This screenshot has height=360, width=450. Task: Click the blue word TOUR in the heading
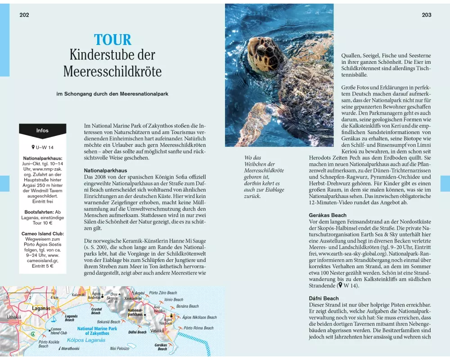[112, 40]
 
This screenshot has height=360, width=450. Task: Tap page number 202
[24, 15]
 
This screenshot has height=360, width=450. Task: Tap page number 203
[427, 15]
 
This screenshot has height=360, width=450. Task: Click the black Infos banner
[42, 130]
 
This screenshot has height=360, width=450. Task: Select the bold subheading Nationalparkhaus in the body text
[106, 171]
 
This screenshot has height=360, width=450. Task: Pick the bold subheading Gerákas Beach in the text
[328, 215]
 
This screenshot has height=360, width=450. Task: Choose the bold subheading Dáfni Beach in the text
[324, 298]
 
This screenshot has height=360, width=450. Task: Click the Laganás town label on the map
[41, 308]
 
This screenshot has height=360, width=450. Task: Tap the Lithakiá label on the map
[13, 317]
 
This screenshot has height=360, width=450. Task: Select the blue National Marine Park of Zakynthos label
[97, 331]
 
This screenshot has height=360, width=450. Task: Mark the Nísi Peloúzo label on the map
[119, 348]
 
